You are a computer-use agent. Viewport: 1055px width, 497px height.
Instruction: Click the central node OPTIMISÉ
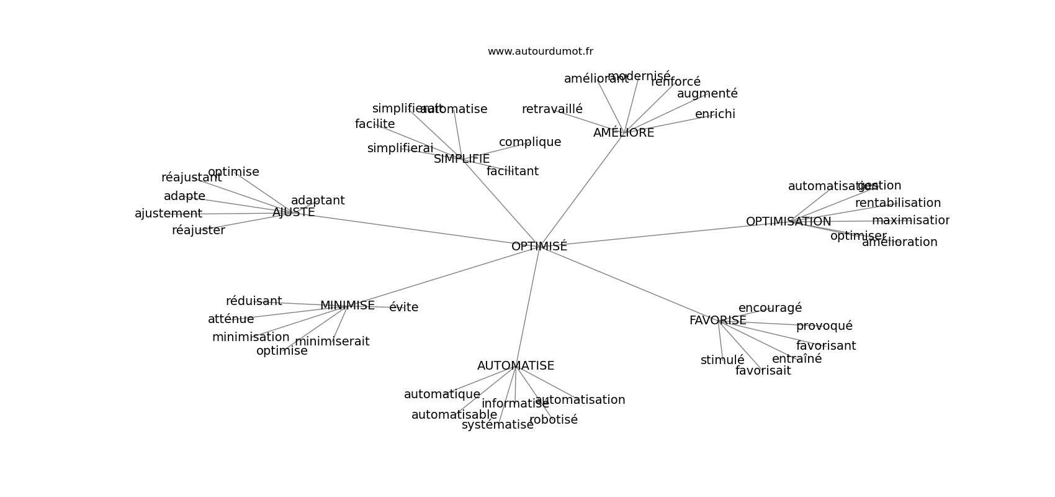pos(539,247)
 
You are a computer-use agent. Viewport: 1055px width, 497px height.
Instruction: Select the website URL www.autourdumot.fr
pos(540,52)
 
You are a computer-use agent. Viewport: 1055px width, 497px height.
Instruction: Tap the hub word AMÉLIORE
pos(623,133)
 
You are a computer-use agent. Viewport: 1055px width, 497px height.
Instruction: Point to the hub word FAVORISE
pos(717,321)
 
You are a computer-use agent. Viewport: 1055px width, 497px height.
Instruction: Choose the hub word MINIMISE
pos(347,306)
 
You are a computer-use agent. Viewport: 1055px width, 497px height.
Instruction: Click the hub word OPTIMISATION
pos(788,222)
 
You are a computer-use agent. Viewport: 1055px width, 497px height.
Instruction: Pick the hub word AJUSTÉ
pos(294,212)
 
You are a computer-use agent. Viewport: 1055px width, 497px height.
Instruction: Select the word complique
pos(529,142)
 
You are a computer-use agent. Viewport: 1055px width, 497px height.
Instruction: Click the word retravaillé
pos(552,109)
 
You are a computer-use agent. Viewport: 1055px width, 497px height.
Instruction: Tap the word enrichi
pos(715,114)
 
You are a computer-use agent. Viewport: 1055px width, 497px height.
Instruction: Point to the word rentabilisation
pos(897,203)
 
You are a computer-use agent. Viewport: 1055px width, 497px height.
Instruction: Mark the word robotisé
pos(553,420)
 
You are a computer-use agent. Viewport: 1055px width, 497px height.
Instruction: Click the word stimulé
pos(722,360)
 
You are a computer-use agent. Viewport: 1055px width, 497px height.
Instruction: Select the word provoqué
pos(824,326)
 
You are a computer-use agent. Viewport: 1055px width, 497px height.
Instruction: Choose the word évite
pos(403,308)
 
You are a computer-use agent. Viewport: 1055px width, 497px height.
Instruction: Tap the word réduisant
pos(253,301)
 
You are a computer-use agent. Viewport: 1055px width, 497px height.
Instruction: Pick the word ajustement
pos(168,214)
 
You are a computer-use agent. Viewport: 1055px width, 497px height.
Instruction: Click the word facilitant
pos(512,171)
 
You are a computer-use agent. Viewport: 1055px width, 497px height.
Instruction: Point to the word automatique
pos(442,394)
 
